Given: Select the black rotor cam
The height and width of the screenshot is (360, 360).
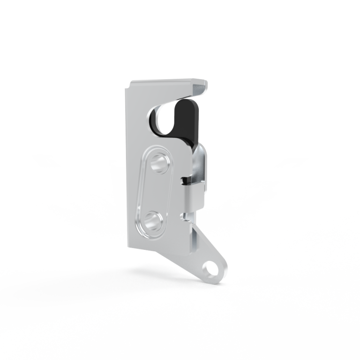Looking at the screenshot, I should coord(187,120).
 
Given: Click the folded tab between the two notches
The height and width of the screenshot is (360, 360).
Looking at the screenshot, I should coord(192,197).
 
